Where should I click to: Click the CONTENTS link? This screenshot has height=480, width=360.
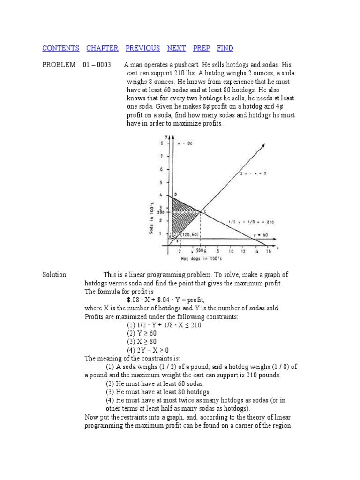coord(60,48)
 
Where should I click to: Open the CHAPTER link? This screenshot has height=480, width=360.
coord(102,48)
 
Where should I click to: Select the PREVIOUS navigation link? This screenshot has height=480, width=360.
coord(142,48)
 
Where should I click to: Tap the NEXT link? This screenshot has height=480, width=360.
coord(176,48)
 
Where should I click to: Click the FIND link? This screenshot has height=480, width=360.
coord(225,48)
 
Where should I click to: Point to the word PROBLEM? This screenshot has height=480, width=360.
coord(59,65)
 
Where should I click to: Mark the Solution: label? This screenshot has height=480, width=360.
coord(55,274)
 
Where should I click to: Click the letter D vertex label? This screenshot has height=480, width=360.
coord(175,194)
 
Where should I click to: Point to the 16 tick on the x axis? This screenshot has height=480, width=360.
coord(268,251)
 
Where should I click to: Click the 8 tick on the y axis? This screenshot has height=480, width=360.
coord(162,143)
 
